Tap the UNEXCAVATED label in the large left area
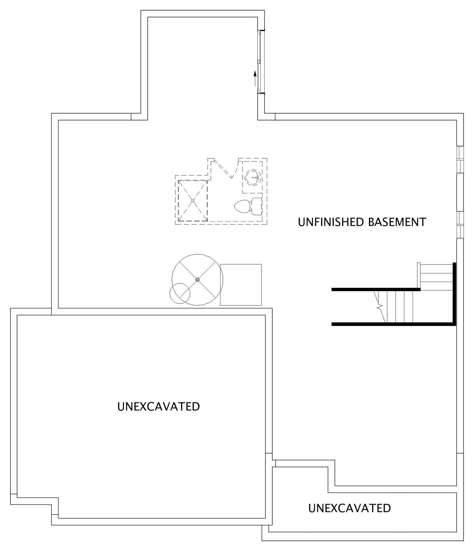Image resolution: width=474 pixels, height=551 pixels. (158, 407)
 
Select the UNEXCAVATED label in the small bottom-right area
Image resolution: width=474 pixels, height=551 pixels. (349, 508)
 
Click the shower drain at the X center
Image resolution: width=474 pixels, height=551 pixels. (193, 201)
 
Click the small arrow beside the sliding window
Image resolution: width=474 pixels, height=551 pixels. (255, 79)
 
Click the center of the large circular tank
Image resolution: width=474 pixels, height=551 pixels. (197, 280)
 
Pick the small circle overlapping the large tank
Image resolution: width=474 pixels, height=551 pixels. (180, 293)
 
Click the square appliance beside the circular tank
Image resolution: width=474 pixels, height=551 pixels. (241, 285)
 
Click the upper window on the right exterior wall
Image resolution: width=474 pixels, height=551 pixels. (460, 160)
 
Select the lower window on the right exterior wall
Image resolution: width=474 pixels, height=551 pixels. (460, 225)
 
